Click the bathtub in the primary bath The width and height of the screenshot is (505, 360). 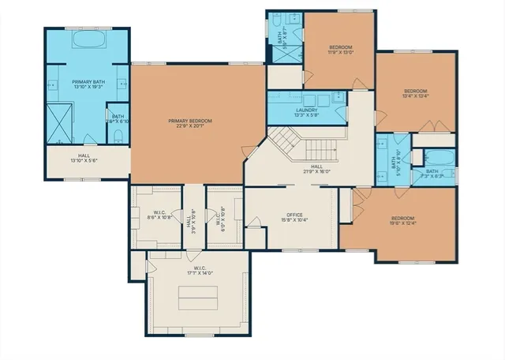(x=88, y=39)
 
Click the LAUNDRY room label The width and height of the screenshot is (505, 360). (x=307, y=111)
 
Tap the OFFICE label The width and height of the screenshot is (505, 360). (x=294, y=217)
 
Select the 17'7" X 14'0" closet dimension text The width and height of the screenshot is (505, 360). (x=200, y=273)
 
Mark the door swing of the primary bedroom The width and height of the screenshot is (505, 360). (x=250, y=150)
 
